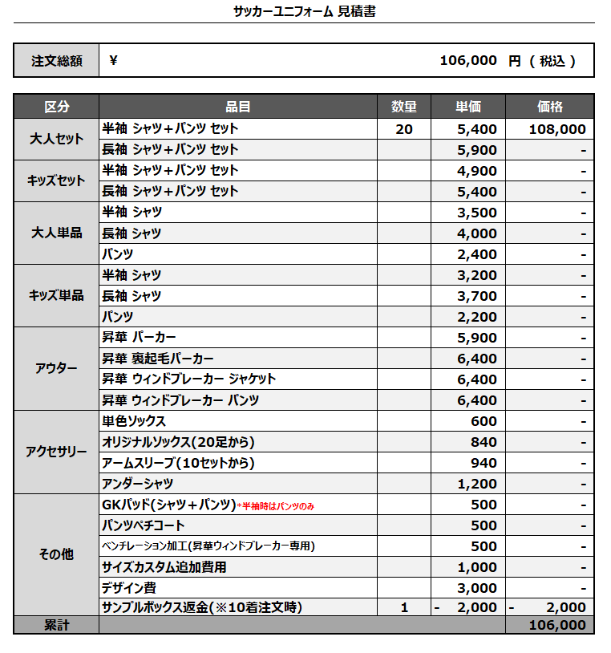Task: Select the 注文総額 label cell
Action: point(57,61)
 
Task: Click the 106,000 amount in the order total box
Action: point(468,61)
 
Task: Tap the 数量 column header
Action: point(404,107)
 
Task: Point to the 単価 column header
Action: point(468,107)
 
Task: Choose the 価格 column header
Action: point(550,107)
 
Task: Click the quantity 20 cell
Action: point(404,129)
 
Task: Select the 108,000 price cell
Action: point(557,129)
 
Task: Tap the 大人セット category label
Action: point(57,139)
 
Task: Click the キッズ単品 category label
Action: point(57,295)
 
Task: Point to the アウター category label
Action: point(57,368)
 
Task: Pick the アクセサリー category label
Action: point(57,452)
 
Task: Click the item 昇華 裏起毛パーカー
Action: point(158,359)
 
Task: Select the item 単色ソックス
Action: point(134,421)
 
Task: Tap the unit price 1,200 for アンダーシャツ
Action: point(477,484)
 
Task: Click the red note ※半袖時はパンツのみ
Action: point(276,505)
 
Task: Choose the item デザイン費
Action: point(128,588)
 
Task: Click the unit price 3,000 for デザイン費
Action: point(477,588)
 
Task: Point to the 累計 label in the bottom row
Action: point(57,625)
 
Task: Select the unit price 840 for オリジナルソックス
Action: point(484,442)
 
